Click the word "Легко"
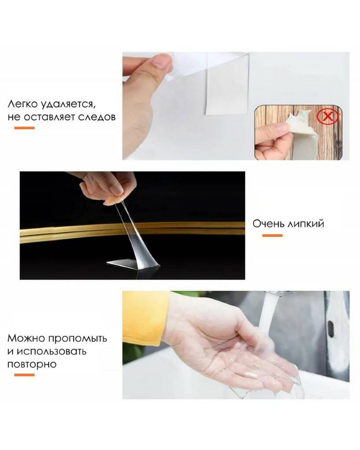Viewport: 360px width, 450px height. click(x=22, y=104)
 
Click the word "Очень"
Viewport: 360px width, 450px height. click(x=269, y=224)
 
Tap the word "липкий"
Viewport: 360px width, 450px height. click(x=306, y=224)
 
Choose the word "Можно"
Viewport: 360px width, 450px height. click(x=26, y=338)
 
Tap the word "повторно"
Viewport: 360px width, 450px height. click(x=32, y=364)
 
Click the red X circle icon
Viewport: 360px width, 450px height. click(x=327, y=116)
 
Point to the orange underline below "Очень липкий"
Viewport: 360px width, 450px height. click(x=272, y=236)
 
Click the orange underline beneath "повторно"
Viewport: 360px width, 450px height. click(x=25, y=375)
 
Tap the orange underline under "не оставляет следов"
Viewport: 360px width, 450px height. click(x=25, y=128)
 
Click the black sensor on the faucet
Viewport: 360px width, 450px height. click(x=331, y=329)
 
